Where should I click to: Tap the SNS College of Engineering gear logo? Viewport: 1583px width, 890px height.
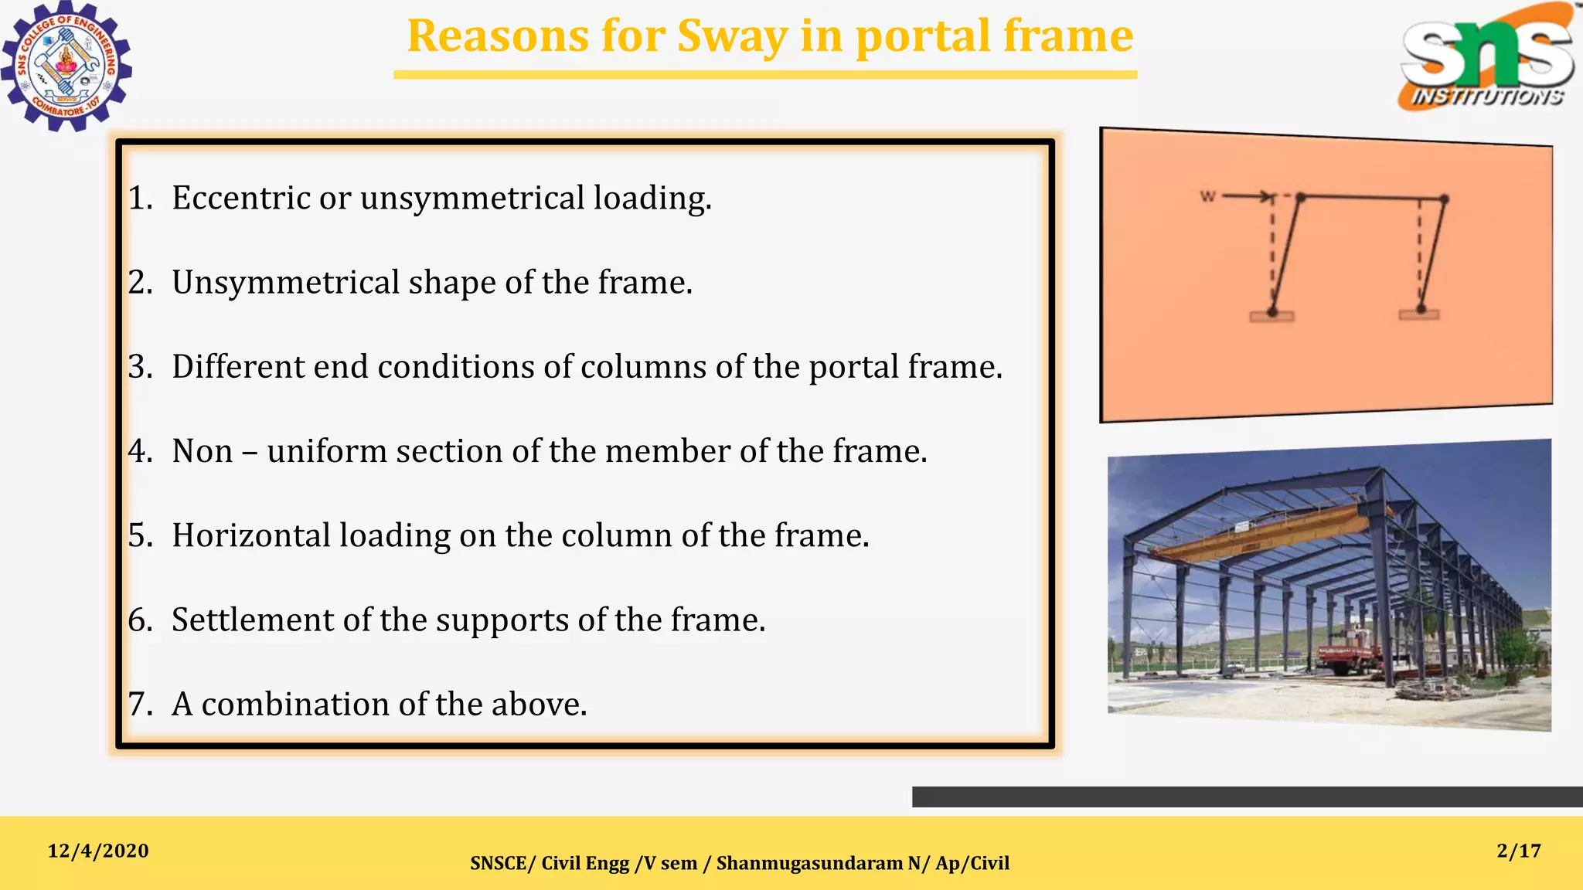tap(66, 66)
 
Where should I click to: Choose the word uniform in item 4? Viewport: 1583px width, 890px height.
tap(326, 451)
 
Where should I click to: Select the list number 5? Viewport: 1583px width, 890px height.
tap(140, 535)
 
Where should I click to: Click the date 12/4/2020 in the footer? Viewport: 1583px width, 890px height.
tap(98, 851)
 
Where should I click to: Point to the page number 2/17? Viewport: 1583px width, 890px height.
tap(1519, 851)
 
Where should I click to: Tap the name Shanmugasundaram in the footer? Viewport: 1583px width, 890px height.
tap(810, 863)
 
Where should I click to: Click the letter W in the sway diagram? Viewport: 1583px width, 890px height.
tap(1207, 196)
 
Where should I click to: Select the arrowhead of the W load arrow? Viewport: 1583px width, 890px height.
tap(1267, 196)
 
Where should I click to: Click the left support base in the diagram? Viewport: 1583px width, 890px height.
tap(1272, 315)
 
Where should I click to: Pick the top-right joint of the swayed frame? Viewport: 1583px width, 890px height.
tap(1444, 199)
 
